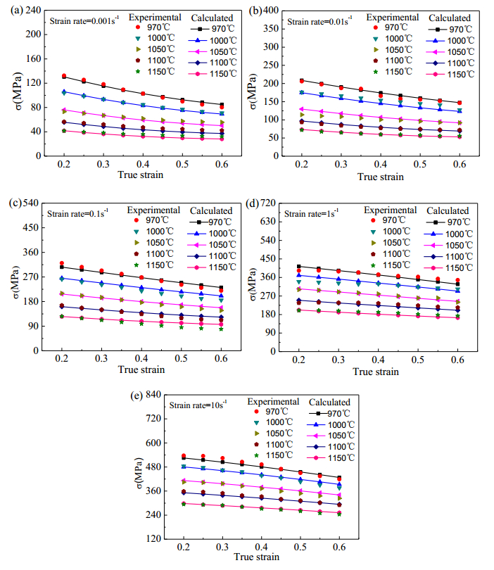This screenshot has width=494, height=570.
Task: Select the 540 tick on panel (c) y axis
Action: click(x=31, y=203)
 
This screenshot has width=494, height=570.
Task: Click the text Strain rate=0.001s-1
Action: click(x=83, y=20)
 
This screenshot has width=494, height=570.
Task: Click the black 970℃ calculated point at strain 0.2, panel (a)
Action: click(x=63, y=77)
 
